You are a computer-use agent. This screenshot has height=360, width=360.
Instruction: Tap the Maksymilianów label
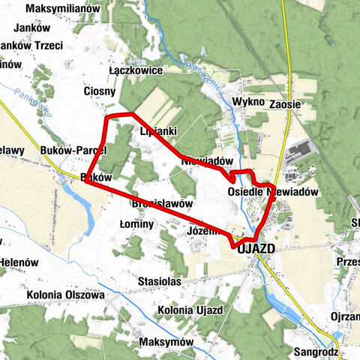click(53, 9)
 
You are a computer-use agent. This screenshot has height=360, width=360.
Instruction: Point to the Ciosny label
click(99, 91)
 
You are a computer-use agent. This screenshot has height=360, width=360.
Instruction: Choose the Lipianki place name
click(158, 130)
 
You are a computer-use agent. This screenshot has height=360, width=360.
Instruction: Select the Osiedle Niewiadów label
click(273, 192)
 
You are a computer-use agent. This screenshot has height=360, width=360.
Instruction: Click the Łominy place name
click(136, 223)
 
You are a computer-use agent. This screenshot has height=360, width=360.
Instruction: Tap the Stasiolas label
click(160, 281)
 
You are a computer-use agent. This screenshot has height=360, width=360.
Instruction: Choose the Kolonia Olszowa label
click(64, 295)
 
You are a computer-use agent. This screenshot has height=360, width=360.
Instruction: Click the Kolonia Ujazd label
click(190, 309)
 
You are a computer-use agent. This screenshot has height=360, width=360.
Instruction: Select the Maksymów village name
click(166, 341)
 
